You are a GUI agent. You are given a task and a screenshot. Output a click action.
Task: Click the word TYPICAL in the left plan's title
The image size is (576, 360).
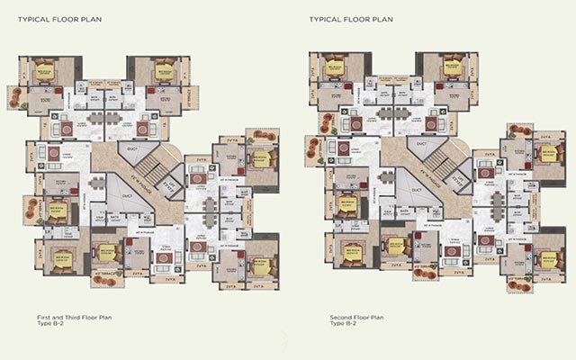33,18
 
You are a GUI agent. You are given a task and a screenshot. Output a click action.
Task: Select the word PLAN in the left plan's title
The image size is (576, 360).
96,18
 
